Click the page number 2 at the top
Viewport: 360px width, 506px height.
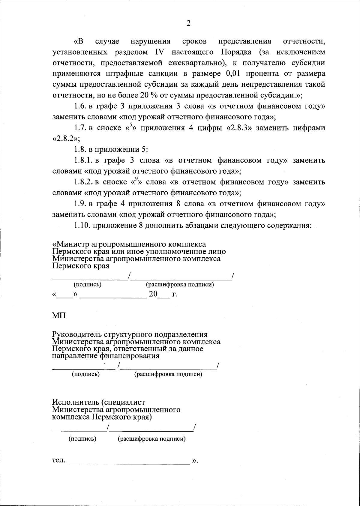(188, 24)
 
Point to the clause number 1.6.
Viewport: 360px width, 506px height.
(80, 106)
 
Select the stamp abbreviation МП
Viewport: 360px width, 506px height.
(59, 316)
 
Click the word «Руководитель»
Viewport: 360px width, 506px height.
(77, 334)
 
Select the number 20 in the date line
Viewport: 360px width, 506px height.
(153, 294)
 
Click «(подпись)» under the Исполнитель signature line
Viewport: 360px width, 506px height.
(82, 439)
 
